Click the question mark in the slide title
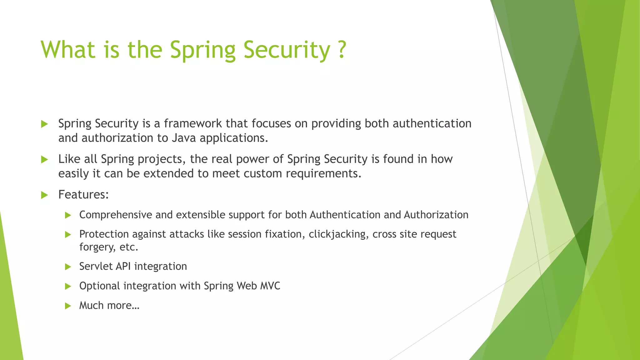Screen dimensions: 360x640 (342, 49)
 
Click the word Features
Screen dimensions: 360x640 (83, 194)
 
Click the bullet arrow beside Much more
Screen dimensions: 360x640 (68, 306)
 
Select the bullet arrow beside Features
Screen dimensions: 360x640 (44, 195)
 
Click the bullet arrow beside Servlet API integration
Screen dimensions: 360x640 (68, 267)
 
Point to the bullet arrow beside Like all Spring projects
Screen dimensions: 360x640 (44, 159)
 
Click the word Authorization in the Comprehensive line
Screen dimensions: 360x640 (436, 215)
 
